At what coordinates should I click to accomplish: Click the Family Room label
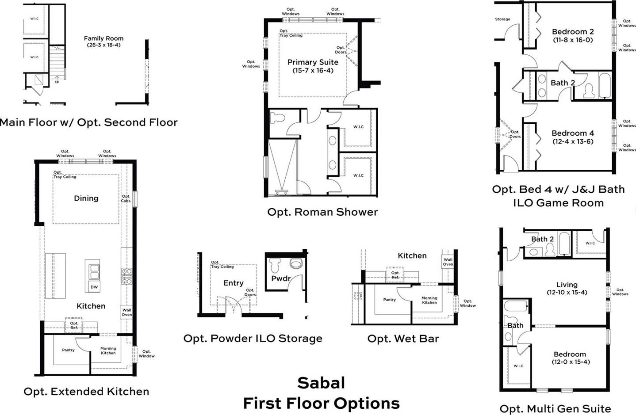[103, 38]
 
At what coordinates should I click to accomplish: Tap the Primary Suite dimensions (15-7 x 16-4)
[313, 70]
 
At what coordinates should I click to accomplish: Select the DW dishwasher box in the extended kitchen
[94, 287]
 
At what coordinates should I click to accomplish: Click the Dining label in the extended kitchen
[86, 198]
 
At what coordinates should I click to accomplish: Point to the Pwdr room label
[281, 278]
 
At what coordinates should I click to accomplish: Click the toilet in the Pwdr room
[275, 266]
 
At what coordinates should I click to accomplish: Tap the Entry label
[234, 283]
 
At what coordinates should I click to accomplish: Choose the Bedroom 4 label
[573, 133]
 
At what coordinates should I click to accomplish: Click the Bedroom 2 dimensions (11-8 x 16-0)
[573, 40]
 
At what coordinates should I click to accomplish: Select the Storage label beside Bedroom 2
[502, 19]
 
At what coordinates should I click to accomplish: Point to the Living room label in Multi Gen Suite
[567, 285]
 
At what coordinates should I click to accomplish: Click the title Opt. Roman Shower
[322, 212]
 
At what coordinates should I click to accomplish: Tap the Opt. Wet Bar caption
[403, 339]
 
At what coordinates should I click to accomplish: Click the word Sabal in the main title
[321, 383]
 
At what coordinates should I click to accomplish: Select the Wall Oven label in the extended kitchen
[126, 312]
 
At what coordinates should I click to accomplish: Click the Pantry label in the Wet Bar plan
[389, 300]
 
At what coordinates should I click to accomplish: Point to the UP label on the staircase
[57, 82]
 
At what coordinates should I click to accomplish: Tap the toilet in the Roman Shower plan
[277, 118]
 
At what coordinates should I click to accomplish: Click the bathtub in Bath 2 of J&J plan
[605, 85]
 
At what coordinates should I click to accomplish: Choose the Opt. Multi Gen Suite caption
[555, 409]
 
